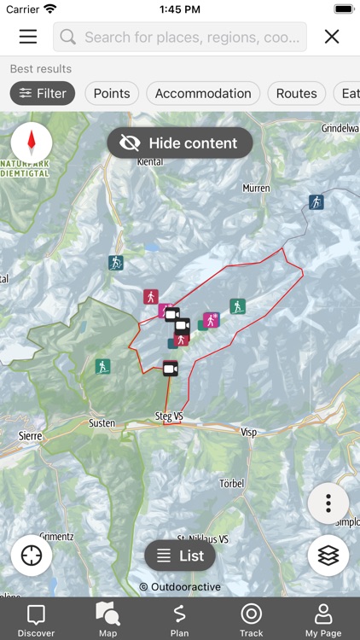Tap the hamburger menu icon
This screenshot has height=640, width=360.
tap(28, 37)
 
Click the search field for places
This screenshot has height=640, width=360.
tap(180, 37)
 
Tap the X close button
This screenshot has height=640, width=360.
tap(332, 37)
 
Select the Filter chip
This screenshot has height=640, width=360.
tap(43, 93)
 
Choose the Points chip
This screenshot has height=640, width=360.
tap(112, 93)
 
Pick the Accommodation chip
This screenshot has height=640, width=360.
tap(203, 93)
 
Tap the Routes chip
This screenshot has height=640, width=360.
tap(296, 93)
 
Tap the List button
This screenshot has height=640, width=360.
tap(180, 556)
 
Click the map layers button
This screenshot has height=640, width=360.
tap(328, 556)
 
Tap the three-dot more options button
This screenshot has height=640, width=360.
tap(328, 503)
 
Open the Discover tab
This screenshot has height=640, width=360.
tap(36, 620)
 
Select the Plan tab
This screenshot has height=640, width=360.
tap(179, 620)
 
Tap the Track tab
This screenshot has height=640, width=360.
tap(251, 620)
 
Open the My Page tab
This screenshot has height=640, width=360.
tap(323, 620)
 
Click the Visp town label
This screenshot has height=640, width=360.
tap(249, 433)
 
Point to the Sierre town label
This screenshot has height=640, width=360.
tap(30, 435)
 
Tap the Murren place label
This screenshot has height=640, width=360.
tap(256, 188)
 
